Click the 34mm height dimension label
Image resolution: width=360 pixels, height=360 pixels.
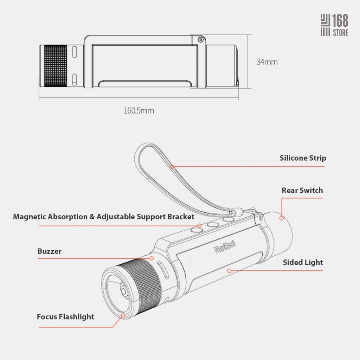click(x=267, y=62)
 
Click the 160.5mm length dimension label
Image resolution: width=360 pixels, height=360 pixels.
click(x=139, y=111)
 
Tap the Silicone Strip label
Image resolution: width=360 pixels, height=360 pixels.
click(x=303, y=158)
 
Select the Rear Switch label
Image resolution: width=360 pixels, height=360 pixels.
click(x=302, y=190)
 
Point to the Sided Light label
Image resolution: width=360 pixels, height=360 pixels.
click(x=303, y=262)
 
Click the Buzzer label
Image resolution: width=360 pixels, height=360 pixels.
click(x=49, y=251)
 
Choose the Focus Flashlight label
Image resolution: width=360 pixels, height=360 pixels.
click(x=65, y=317)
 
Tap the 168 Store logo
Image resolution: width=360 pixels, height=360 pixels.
click(x=334, y=25)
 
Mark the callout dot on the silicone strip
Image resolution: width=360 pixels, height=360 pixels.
click(x=172, y=167)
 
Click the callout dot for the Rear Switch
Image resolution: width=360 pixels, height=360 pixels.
click(x=282, y=218)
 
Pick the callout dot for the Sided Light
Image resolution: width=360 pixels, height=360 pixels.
click(x=229, y=271)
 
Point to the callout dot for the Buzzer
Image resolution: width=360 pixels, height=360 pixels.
click(x=152, y=258)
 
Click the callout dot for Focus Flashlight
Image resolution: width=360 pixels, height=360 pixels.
click(x=123, y=315)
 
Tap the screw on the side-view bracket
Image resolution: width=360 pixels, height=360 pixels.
click(x=201, y=40)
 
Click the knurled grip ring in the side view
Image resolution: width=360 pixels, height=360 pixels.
click(x=56, y=66)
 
